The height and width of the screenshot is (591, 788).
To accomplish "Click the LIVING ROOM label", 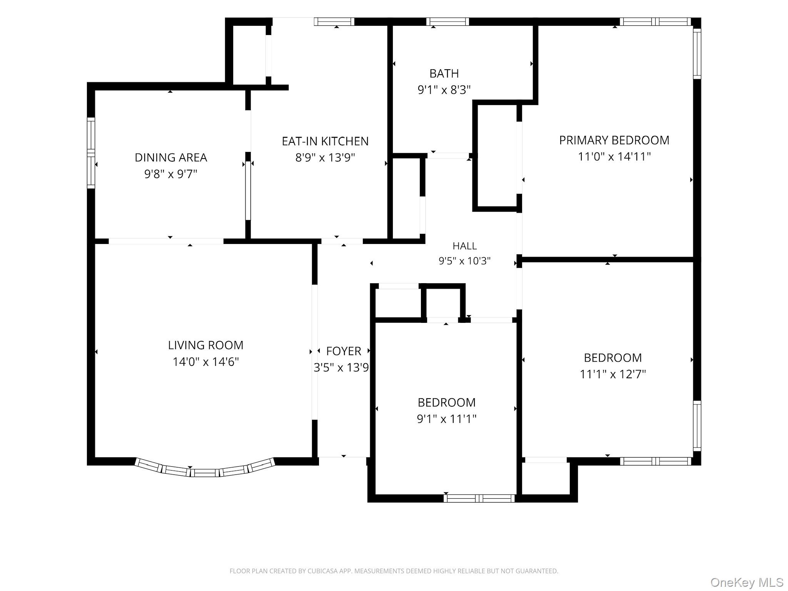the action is pos(206,345).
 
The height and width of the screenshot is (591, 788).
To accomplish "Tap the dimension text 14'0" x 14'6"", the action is pos(206,362).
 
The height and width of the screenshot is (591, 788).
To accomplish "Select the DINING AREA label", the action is pos(171,157).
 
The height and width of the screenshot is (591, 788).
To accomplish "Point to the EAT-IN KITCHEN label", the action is pos(325,141).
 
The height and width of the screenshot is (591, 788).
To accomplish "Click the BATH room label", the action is pos(444,73).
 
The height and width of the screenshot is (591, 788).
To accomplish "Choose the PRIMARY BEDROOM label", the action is pos(614,140).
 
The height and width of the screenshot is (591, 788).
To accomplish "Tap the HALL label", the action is pos(465,246).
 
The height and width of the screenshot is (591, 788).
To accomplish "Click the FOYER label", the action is pos(344,351).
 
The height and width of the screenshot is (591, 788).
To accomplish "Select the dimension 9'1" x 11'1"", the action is pos(447,419).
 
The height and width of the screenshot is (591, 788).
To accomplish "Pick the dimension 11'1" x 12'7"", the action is pos(613,374).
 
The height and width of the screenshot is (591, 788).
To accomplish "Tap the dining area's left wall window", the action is pos(91,153).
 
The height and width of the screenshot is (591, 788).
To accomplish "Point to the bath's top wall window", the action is pos(447,22).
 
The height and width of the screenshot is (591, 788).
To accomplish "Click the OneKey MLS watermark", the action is pos(747,582).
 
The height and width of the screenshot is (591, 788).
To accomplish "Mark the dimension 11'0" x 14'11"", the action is pos(614,157).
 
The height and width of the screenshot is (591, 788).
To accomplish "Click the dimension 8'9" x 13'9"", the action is pos(325,158).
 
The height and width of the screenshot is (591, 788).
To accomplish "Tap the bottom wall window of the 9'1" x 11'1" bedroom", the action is pos(479,498).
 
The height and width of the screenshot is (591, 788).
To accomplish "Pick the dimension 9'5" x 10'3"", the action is pos(465,261).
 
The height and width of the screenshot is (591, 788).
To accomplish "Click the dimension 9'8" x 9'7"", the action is pos(171,174).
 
